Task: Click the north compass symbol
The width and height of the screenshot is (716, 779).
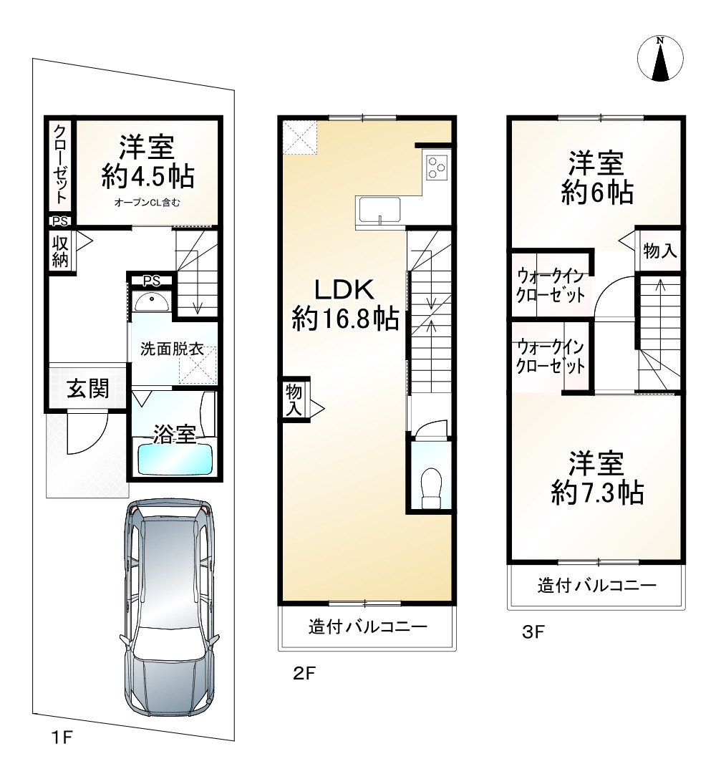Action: click(660, 58)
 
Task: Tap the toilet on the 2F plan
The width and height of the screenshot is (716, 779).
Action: click(431, 488)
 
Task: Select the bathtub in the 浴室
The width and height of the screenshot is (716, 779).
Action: click(175, 459)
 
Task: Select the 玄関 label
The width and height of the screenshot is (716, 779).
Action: click(88, 389)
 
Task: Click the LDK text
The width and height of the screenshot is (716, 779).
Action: click(344, 289)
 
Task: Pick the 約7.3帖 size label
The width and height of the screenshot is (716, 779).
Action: click(597, 493)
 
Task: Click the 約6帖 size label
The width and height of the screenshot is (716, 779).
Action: click(596, 193)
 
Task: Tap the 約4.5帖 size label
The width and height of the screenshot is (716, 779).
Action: click(147, 176)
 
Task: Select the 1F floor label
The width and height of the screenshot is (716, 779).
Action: click(62, 737)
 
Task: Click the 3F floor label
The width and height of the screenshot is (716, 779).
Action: click(533, 632)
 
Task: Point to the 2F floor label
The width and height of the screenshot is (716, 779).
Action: click(304, 673)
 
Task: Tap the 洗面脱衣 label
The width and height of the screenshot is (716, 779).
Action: click(172, 349)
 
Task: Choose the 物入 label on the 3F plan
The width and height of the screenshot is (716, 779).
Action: click(660, 251)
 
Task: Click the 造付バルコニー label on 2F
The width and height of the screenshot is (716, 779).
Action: click(368, 627)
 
